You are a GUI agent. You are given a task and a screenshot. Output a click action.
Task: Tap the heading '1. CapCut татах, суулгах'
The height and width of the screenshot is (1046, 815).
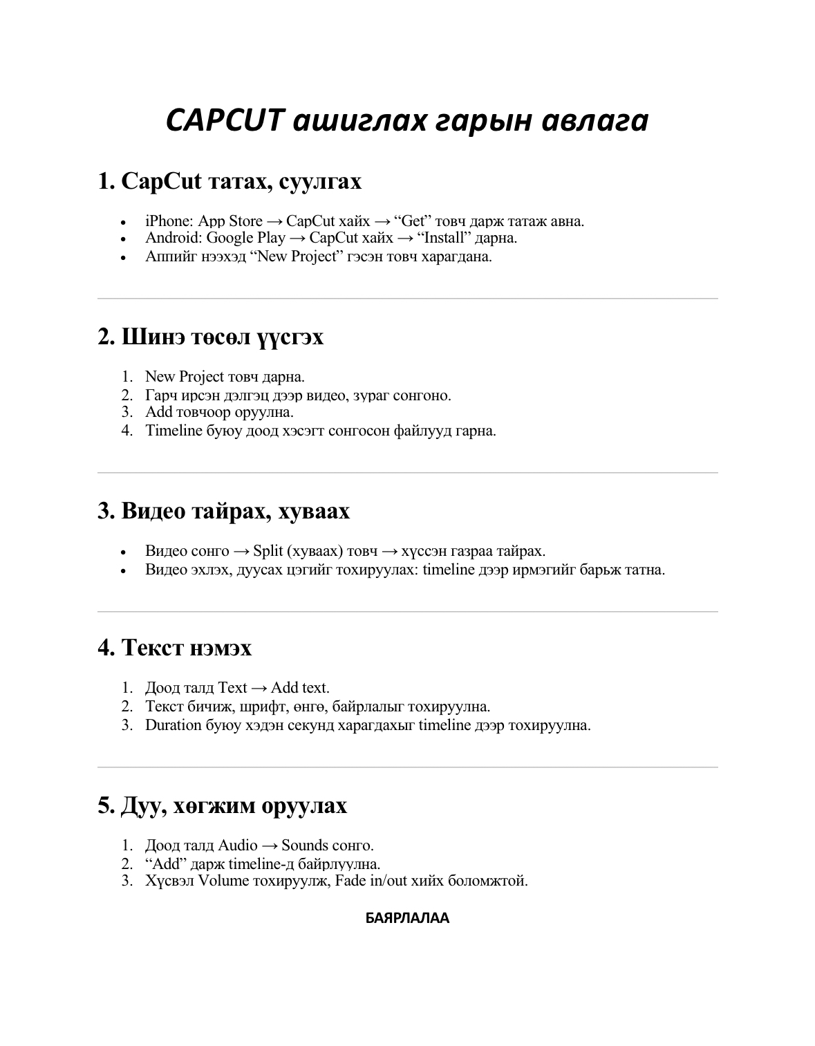[x=229, y=182]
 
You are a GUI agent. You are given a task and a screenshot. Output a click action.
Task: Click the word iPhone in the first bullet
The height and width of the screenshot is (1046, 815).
[x=167, y=221]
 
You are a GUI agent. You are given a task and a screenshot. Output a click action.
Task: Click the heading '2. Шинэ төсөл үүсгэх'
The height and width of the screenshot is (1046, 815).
[x=211, y=337]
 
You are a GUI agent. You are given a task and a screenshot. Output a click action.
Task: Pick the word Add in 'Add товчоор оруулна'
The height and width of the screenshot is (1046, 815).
[x=158, y=412]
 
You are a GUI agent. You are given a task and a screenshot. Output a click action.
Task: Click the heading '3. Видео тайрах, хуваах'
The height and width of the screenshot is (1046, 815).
[x=224, y=512]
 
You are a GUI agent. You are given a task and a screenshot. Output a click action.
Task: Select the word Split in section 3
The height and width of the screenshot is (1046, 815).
[x=268, y=551]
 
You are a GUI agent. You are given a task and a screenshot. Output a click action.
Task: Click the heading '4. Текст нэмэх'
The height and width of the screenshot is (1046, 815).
[x=175, y=648]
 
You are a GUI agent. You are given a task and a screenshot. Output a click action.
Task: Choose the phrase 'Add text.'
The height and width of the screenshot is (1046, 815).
[x=300, y=688]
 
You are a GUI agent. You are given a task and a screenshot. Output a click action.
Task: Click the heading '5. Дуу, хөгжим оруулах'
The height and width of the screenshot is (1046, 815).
[x=223, y=806]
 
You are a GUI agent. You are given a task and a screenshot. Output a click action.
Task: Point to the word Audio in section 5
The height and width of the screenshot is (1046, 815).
[x=238, y=846]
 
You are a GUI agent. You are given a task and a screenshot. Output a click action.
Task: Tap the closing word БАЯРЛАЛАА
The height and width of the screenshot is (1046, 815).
[x=407, y=919]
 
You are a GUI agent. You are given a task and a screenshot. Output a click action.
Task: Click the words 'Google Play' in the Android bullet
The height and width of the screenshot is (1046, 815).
[x=245, y=238]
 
